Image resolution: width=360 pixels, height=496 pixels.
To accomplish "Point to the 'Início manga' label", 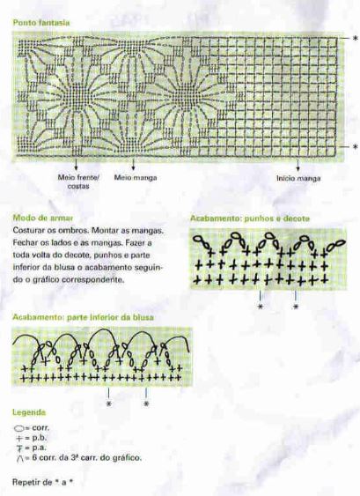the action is pyautogui.click(x=298, y=176).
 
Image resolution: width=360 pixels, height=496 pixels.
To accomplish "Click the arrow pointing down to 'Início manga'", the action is pyautogui.click(x=298, y=166).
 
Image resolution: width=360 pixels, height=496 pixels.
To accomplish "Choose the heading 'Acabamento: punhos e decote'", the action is pyautogui.click(x=250, y=217).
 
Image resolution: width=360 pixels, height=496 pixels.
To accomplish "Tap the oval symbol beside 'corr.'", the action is pyautogui.click(x=20, y=427).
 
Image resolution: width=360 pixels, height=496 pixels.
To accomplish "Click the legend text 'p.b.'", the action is pyautogui.click(x=41, y=438).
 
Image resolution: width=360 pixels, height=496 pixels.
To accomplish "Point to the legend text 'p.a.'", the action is pyautogui.click(x=41, y=448).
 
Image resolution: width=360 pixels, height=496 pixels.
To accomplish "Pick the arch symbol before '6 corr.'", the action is pyautogui.click(x=20, y=458).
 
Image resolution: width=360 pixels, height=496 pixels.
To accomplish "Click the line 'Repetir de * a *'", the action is pyautogui.click(x=43, y=482).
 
